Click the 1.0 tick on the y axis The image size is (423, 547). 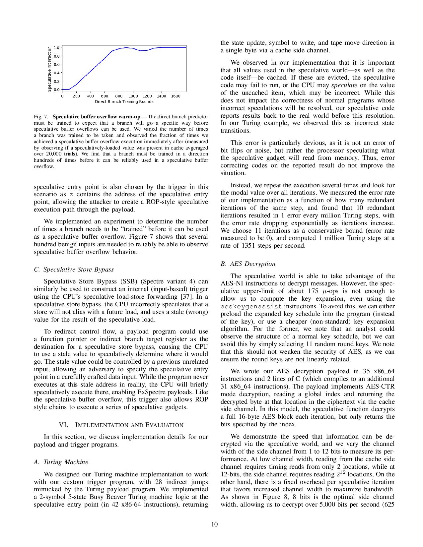(x=56, y=47)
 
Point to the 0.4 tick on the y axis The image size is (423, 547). (x=56, y=73)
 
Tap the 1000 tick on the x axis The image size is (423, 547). (x=133, y=96)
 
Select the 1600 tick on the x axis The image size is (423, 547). (x=176, y=96)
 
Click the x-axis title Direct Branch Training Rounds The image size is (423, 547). (x=124, y=101)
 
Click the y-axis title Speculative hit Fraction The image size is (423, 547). (x=49, y=69)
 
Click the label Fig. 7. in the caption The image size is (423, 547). (x=41, y=117)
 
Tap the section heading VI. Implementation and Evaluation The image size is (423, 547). (x=121, y=425)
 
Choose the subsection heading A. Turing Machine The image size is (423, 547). (x=61, y=462)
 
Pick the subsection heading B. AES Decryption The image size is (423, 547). (x=248, y=264)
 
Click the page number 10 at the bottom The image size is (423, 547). (x=214, y=524)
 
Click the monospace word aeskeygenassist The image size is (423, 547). (x=251, y=307)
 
